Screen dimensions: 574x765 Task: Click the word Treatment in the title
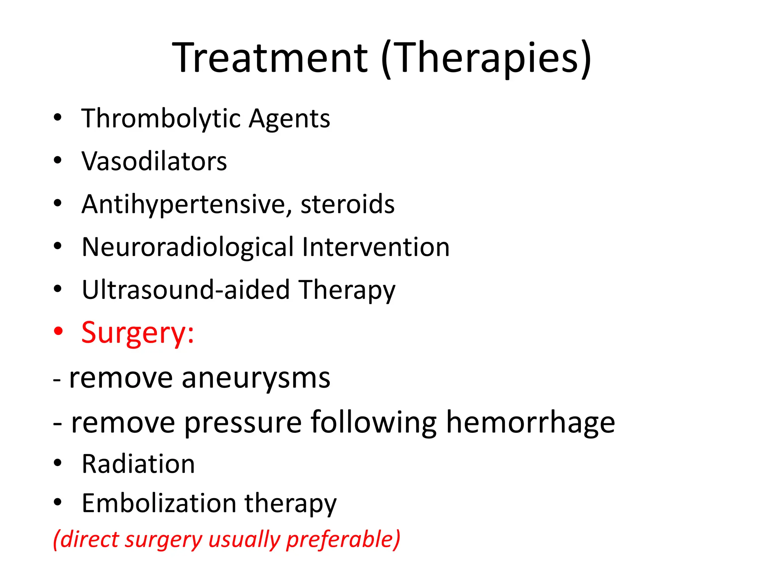[x=270, y=58]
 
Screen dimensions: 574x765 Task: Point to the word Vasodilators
[x=154, y=161]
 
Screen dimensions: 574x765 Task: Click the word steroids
[x=347, y=204]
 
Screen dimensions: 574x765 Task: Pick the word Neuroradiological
[x=188, y=247]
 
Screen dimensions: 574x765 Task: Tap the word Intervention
[x=376, y=247]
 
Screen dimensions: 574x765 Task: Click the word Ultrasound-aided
[x=186, y=290]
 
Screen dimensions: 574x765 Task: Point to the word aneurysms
[x=256, y=378]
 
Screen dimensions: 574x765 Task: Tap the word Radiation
[x=138, y=464]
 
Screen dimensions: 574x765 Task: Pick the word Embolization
[x=159, y=503]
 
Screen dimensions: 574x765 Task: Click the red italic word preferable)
[x=343, y=540]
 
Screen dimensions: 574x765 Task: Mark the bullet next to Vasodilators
[x=58, y=160]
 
